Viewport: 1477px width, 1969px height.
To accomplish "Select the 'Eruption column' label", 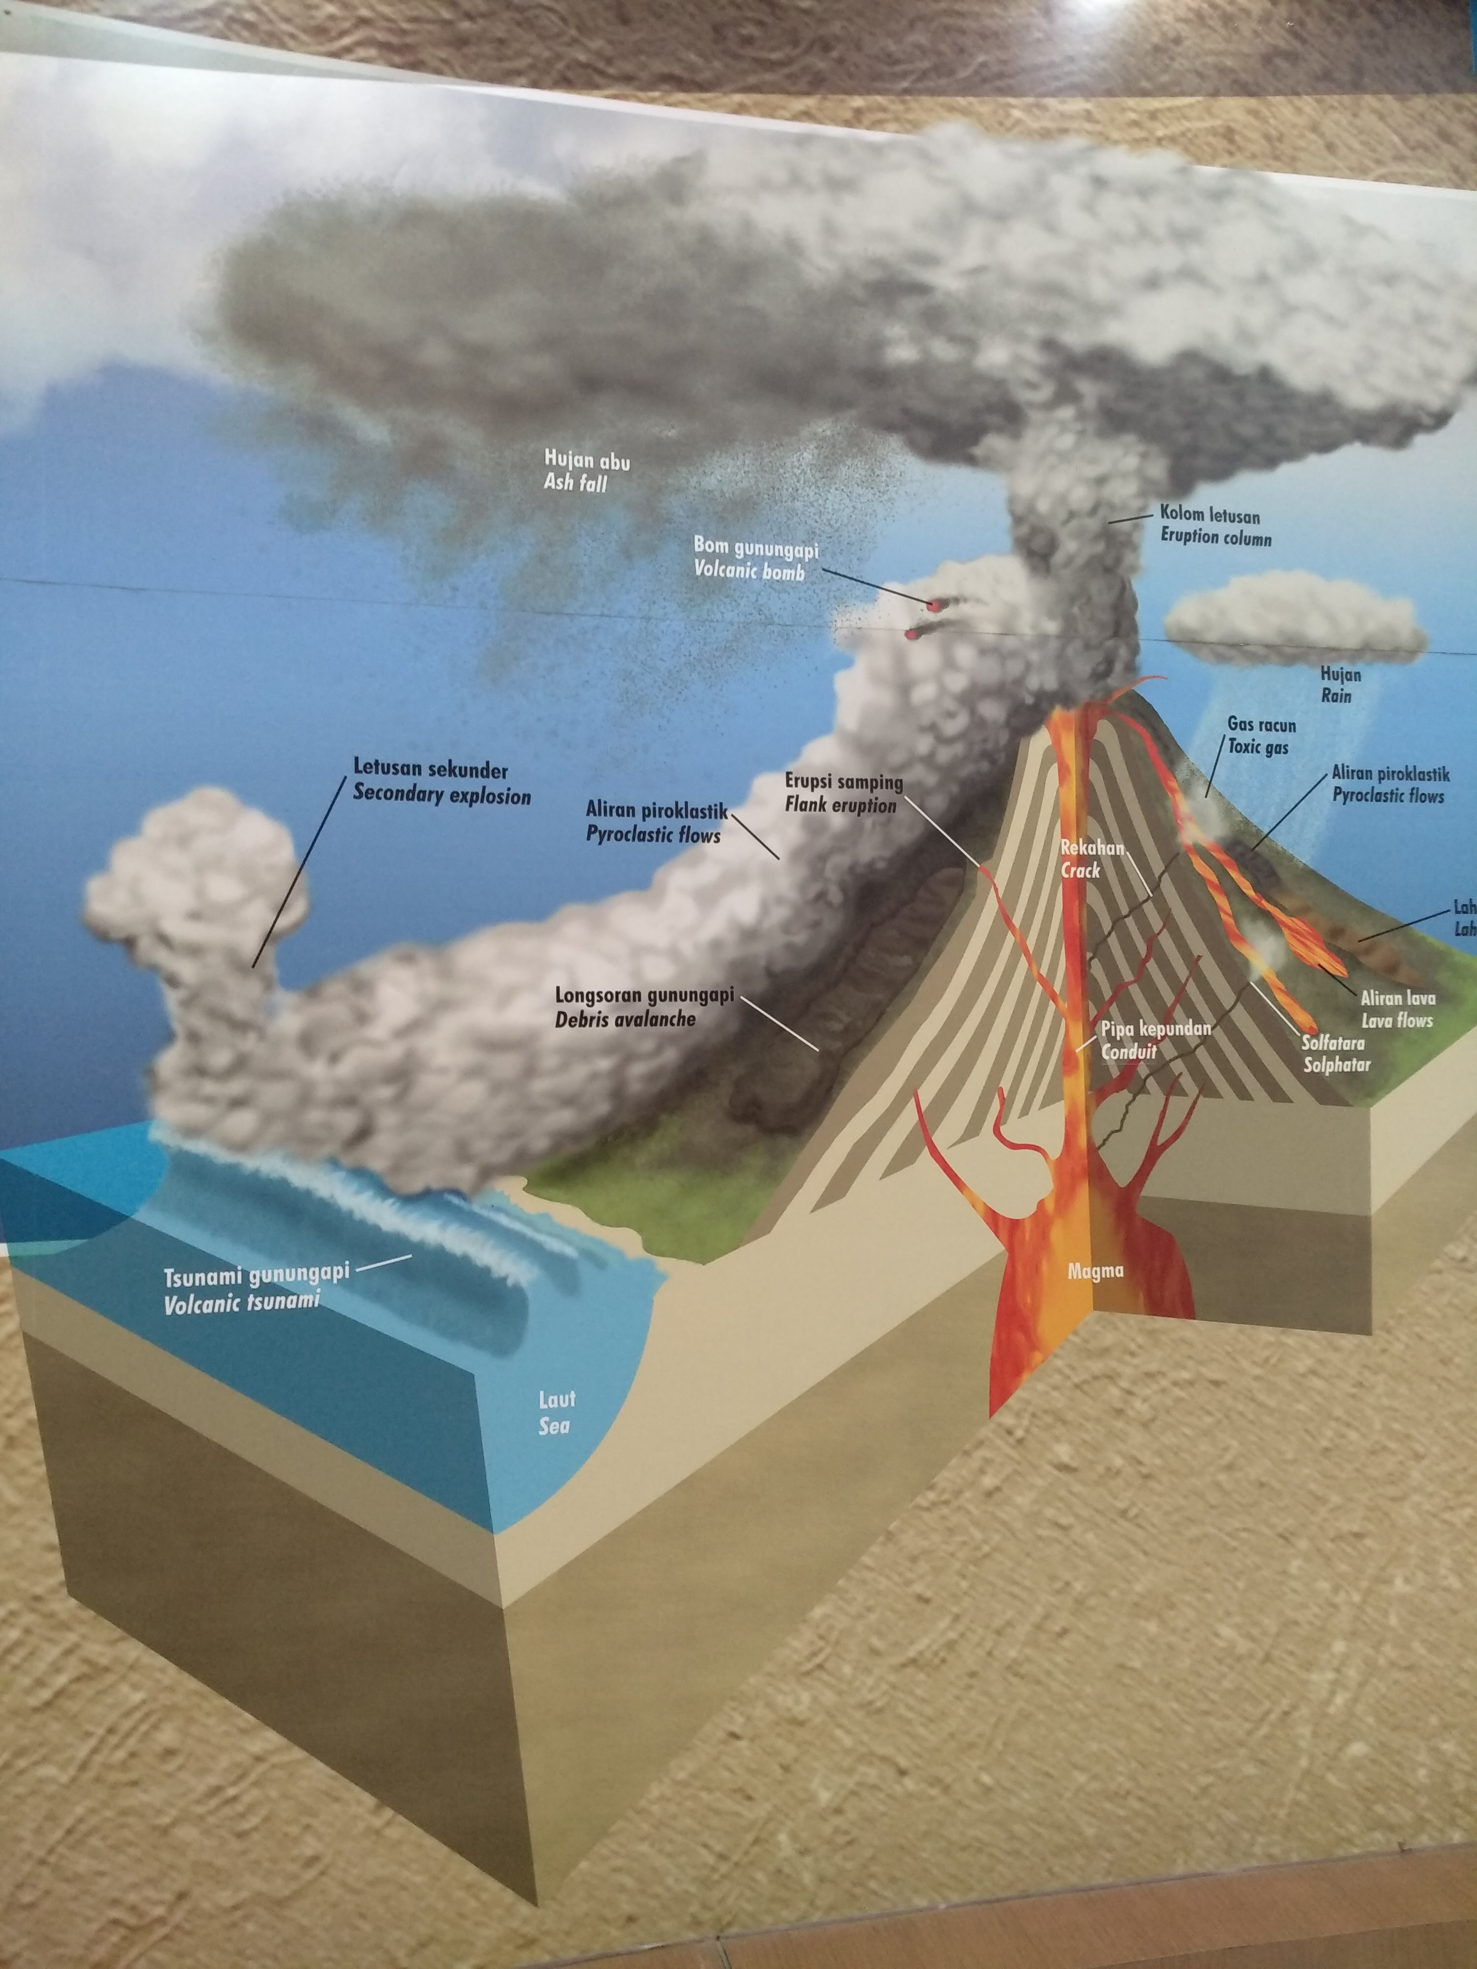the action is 1215,539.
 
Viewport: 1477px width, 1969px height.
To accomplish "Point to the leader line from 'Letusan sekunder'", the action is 298,872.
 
